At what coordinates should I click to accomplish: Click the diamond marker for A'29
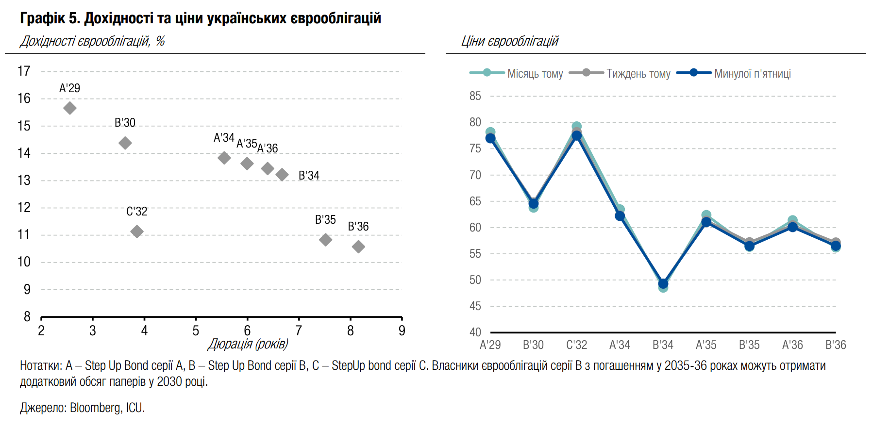click(x=70, y=108)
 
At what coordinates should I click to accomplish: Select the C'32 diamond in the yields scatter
click(x=137, y=231)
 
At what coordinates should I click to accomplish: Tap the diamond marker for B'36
click(x=358, y=247)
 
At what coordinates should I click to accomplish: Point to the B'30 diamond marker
click(x=125, y=143)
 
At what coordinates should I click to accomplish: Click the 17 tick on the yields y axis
click(x=24, y=71)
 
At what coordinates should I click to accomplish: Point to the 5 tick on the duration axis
click(x=196, y=331)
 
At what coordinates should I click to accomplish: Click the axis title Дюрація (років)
click(x=248, y=344)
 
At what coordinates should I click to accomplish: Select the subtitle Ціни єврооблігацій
click(x=510, y=41)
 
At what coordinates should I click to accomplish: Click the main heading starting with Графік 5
click(x=201, y=18)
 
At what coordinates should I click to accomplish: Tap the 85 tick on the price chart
click(x=475, y=96)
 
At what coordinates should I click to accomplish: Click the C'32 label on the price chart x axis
click(x=576, y=345)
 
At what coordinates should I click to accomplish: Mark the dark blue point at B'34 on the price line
click(x=663, y=284)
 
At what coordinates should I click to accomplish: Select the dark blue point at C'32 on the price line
click(x=576, y=136)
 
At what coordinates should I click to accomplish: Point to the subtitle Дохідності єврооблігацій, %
click(x=92, y=41)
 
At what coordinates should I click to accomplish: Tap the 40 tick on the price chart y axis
click(x=475, y=332)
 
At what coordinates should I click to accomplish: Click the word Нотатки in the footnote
click(x=40, y=366)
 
